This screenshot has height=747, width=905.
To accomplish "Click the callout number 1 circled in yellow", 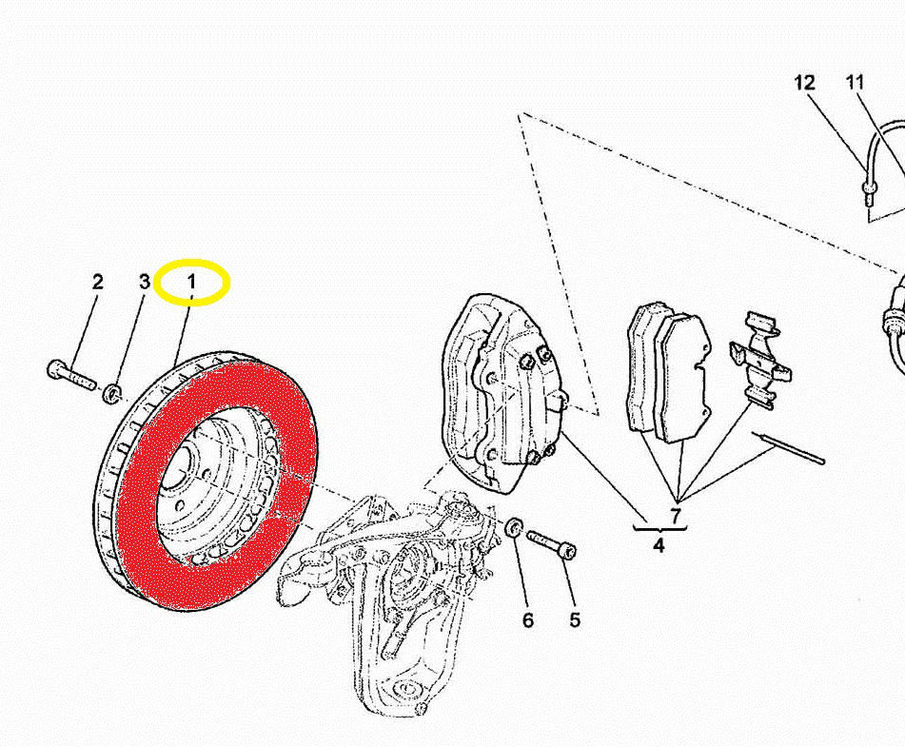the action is pos(191,283).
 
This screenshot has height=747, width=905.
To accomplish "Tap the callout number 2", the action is pos(97,282).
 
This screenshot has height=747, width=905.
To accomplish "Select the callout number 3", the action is pos(145,282).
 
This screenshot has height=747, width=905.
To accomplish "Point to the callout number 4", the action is pos(659,544).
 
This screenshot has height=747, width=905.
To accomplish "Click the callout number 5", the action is pos(574,620).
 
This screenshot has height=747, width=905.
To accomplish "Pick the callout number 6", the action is pos(528,620).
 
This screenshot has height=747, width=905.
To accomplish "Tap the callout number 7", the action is pos(676,515).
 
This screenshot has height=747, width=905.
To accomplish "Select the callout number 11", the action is pos(855,83).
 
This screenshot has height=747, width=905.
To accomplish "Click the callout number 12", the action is pos(804,83).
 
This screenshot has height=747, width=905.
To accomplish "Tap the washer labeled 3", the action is pos(111,394).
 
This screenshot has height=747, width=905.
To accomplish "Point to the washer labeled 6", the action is pos(514,527).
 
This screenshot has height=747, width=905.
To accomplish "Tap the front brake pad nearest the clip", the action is pos(681,378).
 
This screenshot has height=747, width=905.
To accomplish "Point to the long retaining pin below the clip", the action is pos(788,447).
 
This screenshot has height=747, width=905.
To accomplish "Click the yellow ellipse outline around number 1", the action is pos(194,260).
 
